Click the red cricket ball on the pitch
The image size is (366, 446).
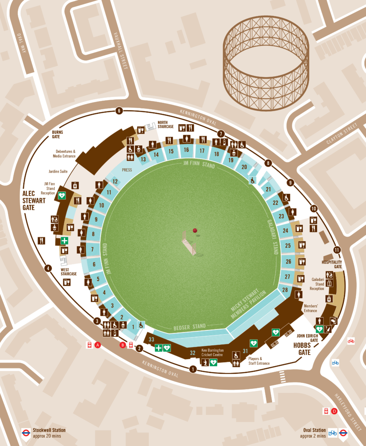point(195,231)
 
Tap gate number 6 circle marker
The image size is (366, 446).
point(119,111)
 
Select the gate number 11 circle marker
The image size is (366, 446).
point(337,250)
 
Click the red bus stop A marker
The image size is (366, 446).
point(98,345)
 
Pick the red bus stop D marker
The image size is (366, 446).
point(334,411)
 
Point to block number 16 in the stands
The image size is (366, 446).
point(186,150)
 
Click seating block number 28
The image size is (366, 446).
point(285,290)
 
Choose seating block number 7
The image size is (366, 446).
point(92,249)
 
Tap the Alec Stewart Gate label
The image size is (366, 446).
point(34,200)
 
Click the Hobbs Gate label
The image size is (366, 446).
point(302,349)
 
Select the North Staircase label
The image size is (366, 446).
point(165,125)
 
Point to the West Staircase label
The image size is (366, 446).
point(69,272)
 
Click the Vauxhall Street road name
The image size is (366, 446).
point(121,51)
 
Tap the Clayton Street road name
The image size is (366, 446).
point(342,134)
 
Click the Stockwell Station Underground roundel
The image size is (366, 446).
point(26,433)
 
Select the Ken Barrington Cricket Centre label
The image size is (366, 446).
point(212,353)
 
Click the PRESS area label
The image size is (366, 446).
point(127,170)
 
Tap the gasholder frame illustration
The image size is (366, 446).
point(266,63)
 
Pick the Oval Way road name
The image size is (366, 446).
point(22,43)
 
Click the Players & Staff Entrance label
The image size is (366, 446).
point(259,361)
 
